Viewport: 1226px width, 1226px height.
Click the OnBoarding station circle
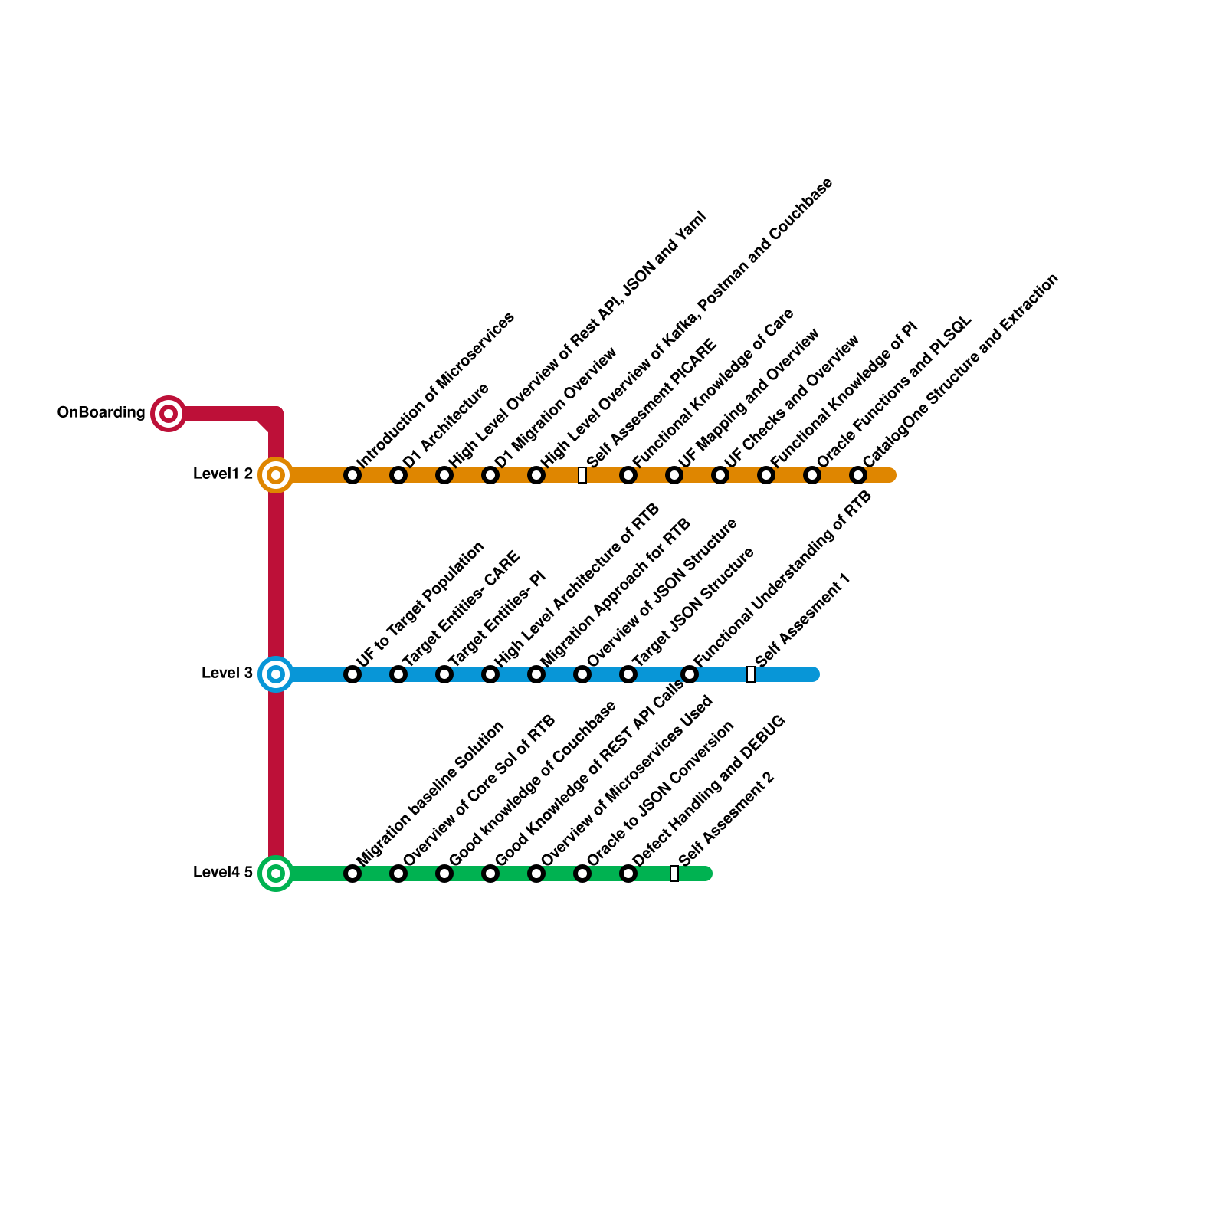[169, 414]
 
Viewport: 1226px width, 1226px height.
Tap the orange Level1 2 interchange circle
[276, 475]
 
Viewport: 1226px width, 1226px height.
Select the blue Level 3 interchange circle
[276, 674]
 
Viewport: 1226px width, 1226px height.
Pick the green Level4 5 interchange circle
[276, 874]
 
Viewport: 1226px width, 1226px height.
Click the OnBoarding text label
[101, 413]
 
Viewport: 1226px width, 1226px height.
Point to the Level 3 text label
[227, 674]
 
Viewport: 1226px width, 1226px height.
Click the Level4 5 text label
[223, 872]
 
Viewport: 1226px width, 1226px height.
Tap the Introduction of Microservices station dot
[352, 475]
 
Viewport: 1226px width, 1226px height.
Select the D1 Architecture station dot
[398, 475]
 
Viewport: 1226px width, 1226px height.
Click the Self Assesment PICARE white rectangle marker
[582, 475]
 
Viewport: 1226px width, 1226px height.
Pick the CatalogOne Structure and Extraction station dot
[858, 475]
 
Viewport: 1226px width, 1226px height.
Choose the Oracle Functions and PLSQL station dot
[812, 475]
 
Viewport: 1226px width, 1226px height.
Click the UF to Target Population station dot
[352, 674]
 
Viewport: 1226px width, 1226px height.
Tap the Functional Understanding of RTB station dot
[690, 674]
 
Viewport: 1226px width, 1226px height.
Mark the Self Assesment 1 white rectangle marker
[751, 674]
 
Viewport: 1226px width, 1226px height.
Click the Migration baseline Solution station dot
[352, 874]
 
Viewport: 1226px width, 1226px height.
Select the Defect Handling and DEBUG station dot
[628, 874]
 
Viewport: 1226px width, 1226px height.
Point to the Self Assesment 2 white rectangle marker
[674, 874]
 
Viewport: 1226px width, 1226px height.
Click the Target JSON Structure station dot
[628, 674]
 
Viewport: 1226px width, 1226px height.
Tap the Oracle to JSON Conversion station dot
[582, 874]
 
